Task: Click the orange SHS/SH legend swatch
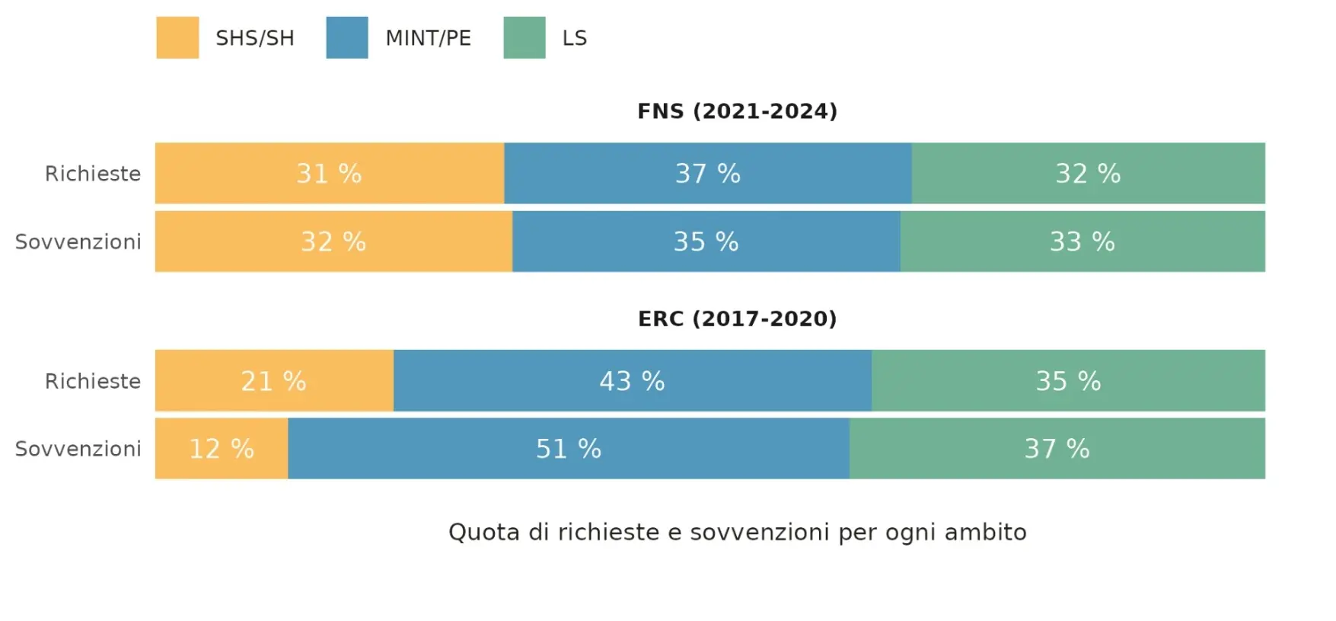pyautogui.click(x=177, y=37)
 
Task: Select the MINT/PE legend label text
pyautogui.click(x=428, y=38)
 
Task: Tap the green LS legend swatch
pyautogui.click(x=525, y=37)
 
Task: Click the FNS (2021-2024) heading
pyautogui.click(x=737, y=111)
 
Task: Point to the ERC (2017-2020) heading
pyautogui.click(x=737, y=319)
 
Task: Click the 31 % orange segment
pyautogui.click(x=329, y=174)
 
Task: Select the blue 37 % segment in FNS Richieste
pyautogui.click(x=707, y=174)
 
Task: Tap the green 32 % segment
pyautogui.click(x=1088, y=174)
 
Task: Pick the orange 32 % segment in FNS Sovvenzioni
pyautogui.click(x=333, y=242)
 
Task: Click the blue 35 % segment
pyautogui.click(x=706, y=242)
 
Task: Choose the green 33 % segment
pyautogui.click(x=1082, y=242)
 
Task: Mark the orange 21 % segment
pyautogui.click(x=273, y=381)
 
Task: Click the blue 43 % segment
pyautogui.click(x=632, y=381)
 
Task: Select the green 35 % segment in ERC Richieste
pyautogui.click(x=1068, y=381)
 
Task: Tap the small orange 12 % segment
pyautogui.click(x=222, y=449)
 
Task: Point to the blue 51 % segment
pyautogui.click(x=568, y=449)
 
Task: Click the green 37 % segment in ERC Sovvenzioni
pyautogui.click(x=1057, y=449)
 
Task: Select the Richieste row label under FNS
pyautogui.click(x=93, y=174)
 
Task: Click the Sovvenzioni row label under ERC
pyautogui.click(x=78, y=449)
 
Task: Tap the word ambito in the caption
pyautogui.click(x=985, y=532)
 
